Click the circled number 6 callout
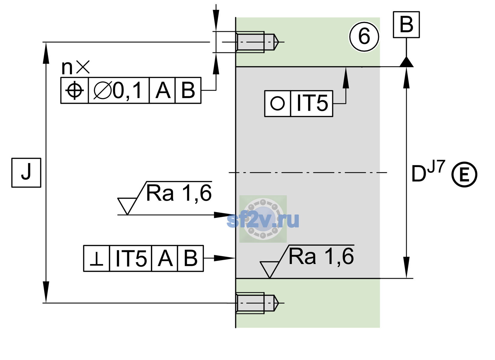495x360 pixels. pyautogui.click(x=364, y=37)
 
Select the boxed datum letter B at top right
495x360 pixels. pyautogui.click(x=406, y=25)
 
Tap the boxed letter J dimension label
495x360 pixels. pyautogui.click(x=26, y=172)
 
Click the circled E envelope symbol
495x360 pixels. pyautogui.click(x=464, y=174)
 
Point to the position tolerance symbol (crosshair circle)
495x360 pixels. pyautogui.click(x=74, y=90)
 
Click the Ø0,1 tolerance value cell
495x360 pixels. pyautogui.click(x=118, y=90)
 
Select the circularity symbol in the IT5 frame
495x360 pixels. pyautogui.click(x=277, y=103)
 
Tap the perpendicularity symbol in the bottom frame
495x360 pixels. pyautogui.click(x=97, y=258)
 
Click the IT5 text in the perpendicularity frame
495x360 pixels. pyautogui.click(x=131, y=258)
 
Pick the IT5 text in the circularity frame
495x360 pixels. pyautogui.click(x=312, y=103)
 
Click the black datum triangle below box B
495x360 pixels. pyautogui.click(x=406, y=62)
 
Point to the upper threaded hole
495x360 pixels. pyautogui.click(x=257, y=42)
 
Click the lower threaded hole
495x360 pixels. pyautogui.click(x=257, y=303)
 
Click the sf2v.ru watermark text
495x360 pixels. pyautogui.click(x=263, y=220)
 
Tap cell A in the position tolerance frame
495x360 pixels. pyautogui.click(x=162, y=90)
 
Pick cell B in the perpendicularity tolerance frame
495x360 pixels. pyautogui.click(x=190, y=258)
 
